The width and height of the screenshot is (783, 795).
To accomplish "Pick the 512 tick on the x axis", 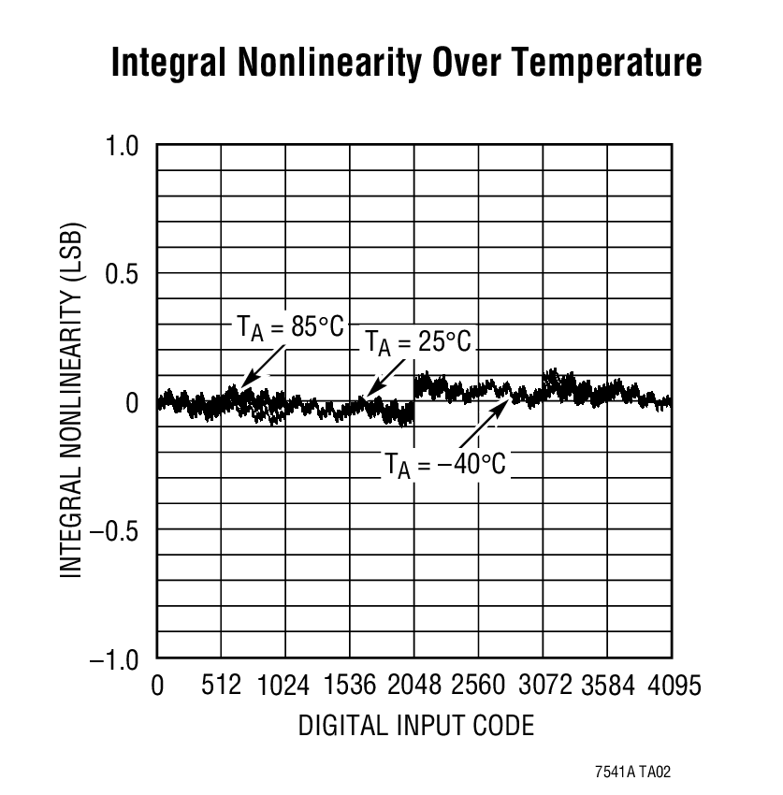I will pyautogui.click(x=222, y=687).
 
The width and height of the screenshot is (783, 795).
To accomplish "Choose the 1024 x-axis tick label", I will pyautogui.click(x=284, y=687).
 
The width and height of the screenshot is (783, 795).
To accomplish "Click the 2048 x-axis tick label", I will pyautogui.click(x=413, y=687).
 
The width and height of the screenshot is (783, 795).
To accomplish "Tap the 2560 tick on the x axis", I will pyautogui.click(x=478, y=687).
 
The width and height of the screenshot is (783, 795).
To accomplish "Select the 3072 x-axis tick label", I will pyautogui.click(x=544, y=687).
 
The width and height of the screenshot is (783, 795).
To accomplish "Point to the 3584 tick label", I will pyautogui.click(x=607, y=687).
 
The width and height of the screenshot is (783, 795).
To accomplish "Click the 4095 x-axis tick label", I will pyautogui.click(x=672, y=687).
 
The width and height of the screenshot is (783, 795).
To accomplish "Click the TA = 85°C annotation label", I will pyautogui.click(x=290, y=328).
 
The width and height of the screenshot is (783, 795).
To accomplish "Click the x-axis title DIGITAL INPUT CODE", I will pyautogui.click(x=416, y=725).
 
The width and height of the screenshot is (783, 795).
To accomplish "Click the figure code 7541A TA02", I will pyautogui.click(x=633, y=773).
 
